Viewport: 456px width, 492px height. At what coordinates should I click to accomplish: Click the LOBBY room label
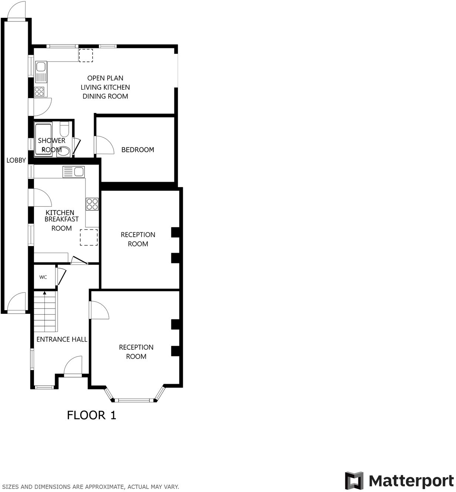point(16,160)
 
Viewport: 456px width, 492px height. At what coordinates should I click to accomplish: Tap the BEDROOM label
point(138,150)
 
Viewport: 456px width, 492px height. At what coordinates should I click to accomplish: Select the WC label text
point(43,277)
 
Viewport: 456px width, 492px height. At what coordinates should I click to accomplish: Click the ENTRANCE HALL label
point(62,339)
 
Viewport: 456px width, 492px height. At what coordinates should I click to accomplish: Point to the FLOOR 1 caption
point(91,415)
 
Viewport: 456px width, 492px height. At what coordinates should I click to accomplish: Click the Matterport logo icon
point(354,481)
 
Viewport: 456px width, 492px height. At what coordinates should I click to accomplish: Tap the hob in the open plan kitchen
point(39,92)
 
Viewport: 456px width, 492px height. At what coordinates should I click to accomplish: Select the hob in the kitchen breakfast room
point(92,204)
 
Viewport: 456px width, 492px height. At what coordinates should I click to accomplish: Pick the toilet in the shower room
point(64,129)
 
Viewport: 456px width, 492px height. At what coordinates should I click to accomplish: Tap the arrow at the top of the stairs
point(45,293)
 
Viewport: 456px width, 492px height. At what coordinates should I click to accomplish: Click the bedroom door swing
point(104,145)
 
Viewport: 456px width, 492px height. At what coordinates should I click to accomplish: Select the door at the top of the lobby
point(17,10)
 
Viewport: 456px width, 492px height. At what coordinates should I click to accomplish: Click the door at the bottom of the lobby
point(17,302)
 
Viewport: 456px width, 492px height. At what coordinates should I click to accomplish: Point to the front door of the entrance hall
point(73,367)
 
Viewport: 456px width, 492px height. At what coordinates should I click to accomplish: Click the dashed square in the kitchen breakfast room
point(89,237)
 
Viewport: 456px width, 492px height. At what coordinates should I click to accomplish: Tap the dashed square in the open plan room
point(85,55)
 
